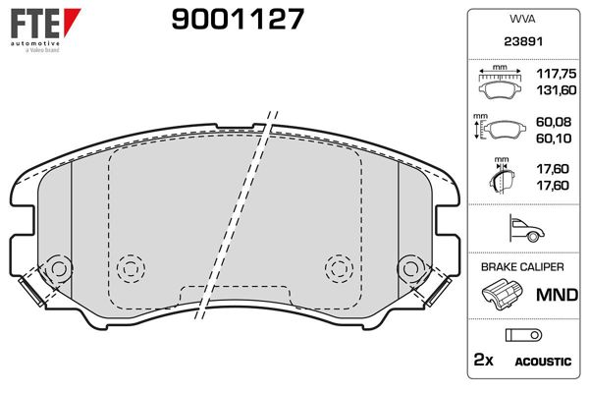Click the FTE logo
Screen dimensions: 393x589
point(34,21)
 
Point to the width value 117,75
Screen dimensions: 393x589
point(553,74)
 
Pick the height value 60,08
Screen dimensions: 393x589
point(553,123)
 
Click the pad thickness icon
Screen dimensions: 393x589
point(501,178)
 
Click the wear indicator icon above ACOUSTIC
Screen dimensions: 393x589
point(517,334)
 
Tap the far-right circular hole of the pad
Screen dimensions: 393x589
point(408,267)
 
